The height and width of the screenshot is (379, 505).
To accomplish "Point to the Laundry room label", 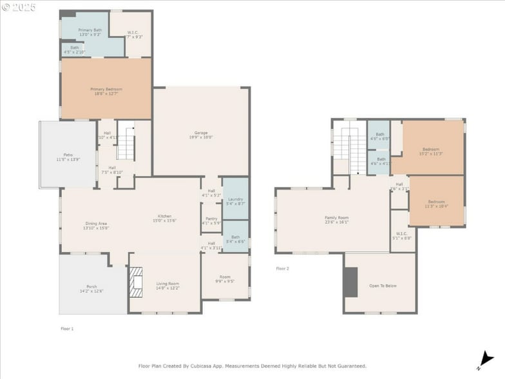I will point(235,201).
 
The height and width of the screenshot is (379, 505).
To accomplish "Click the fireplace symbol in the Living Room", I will point(136,282).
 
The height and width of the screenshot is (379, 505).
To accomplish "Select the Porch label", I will point(91,288).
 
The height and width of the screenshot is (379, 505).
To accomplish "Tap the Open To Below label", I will point(383,286).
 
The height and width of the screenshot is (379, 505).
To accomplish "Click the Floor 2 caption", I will point(283,268).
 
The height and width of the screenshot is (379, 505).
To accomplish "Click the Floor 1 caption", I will point(67,329).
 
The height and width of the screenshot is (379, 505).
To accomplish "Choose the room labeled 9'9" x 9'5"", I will point(224,278).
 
